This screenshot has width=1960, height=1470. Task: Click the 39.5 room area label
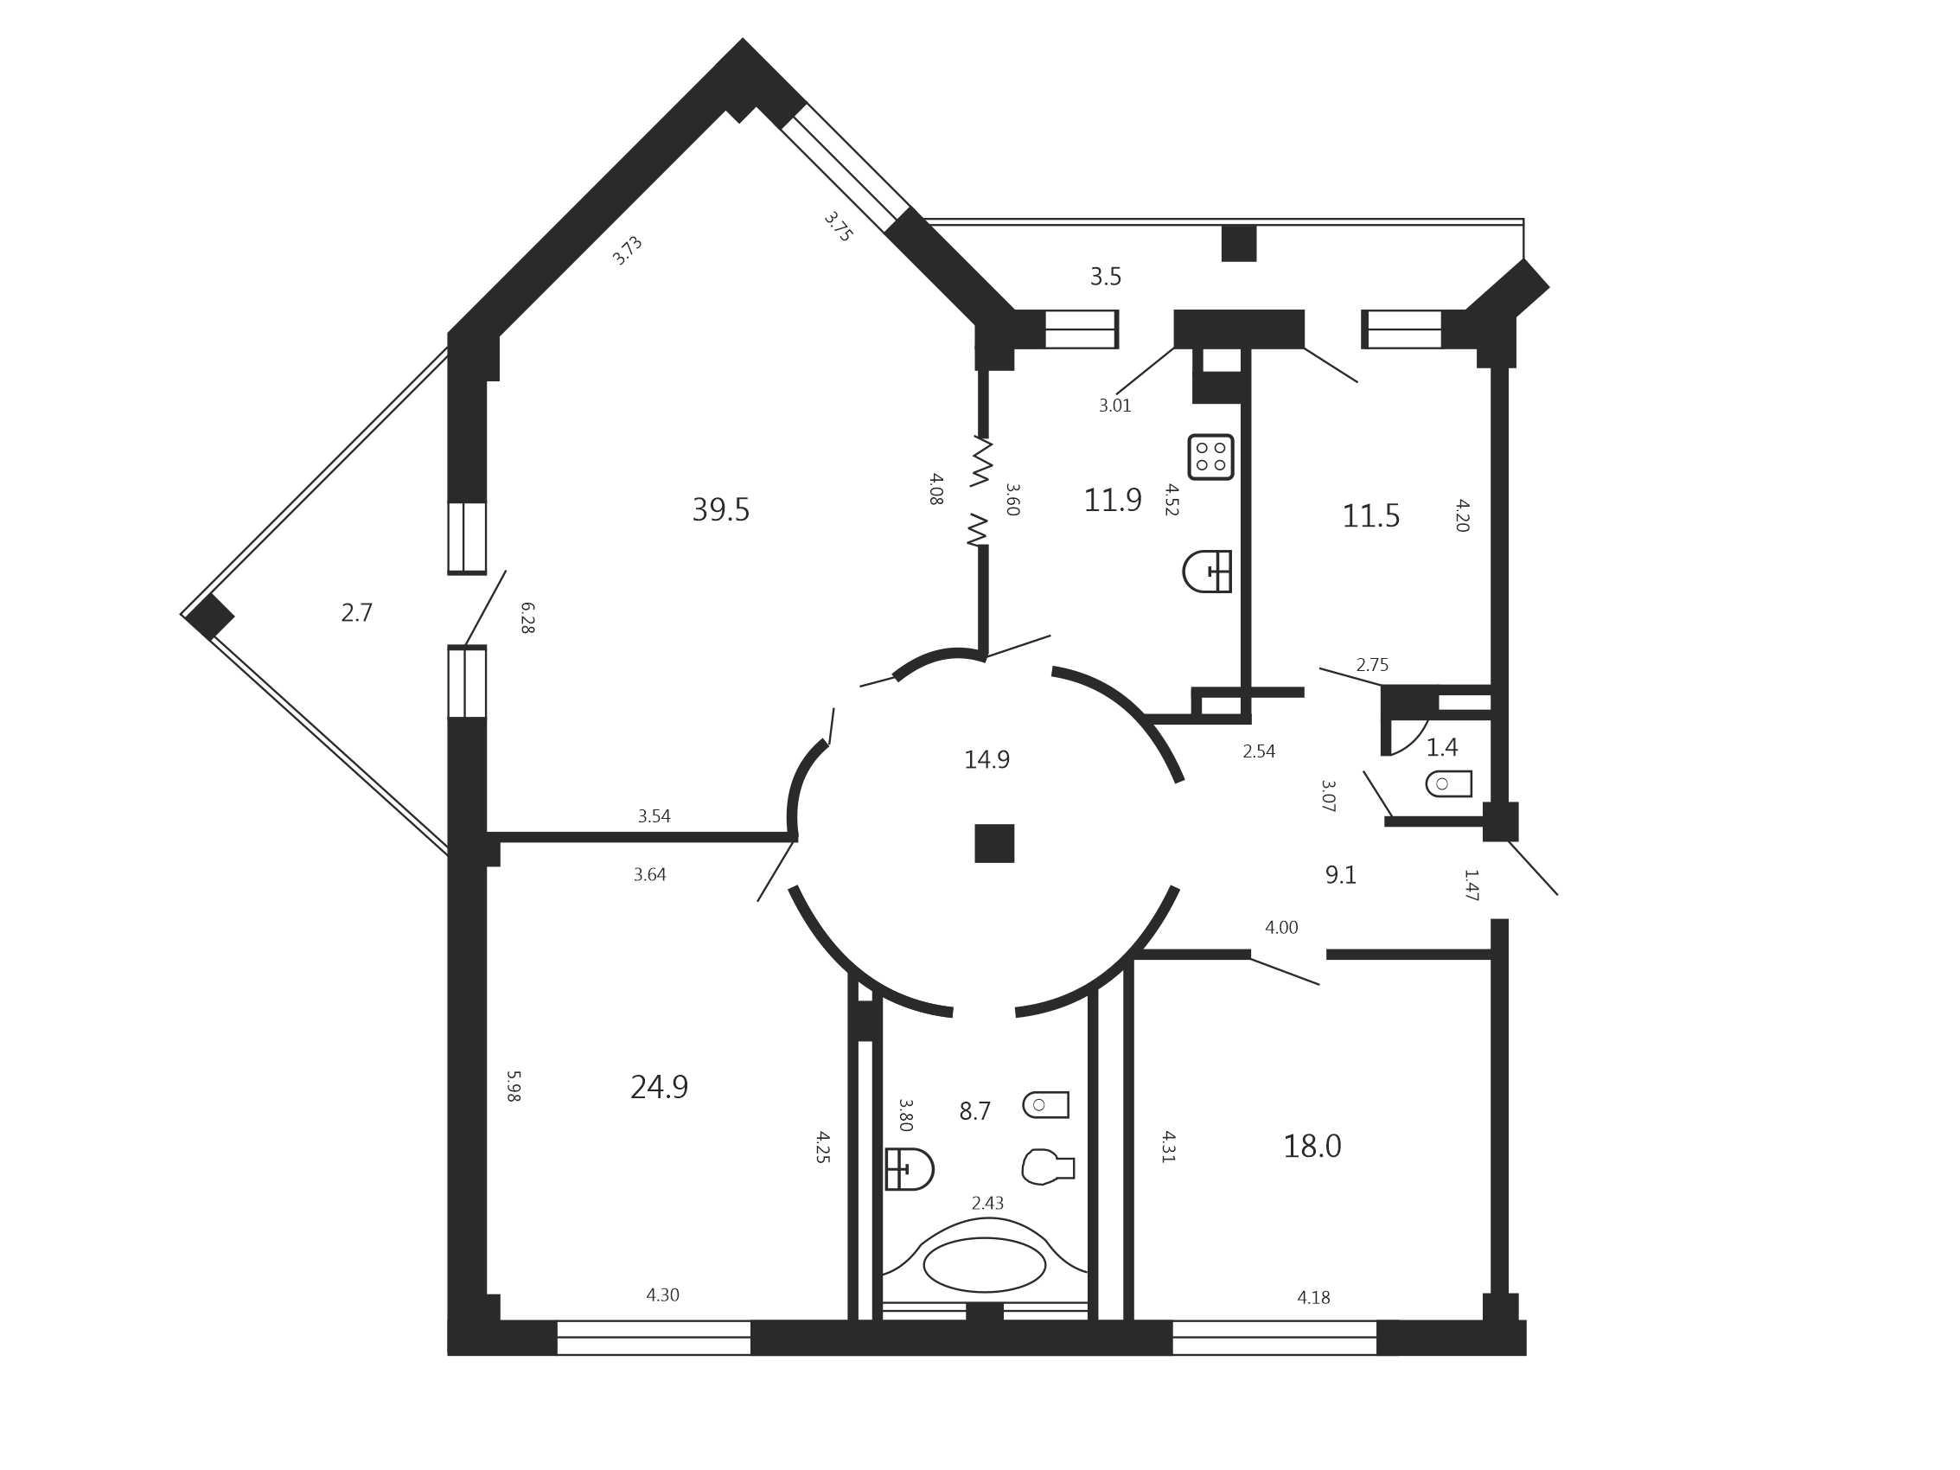point(720,510)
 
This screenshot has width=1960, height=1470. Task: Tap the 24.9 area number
point(659,1087)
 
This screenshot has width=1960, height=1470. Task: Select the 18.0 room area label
point(1312,1147)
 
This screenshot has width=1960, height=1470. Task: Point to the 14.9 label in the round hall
point(987,759)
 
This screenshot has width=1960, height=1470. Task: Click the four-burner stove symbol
point(1210,457)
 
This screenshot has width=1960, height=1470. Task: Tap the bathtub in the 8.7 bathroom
point(985,1264)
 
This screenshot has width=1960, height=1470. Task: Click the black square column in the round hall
point(994,844)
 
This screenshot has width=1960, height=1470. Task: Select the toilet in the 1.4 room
point(1449,783)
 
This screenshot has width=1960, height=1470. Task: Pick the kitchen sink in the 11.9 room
point(1207,572)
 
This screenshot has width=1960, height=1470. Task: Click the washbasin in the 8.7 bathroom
point(910,1169)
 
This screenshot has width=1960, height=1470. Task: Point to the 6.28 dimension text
point(527,617)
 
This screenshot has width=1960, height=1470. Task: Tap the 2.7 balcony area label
point(357,612)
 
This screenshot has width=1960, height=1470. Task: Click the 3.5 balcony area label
point(1106,277)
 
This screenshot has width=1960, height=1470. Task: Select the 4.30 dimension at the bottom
point(663,1294)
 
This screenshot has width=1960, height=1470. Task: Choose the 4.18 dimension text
point(1314,1297)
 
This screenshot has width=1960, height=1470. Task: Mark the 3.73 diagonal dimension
point(627,250)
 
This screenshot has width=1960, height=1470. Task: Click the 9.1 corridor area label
point(1341,874)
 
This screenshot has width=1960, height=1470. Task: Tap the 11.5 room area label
point(1370,515)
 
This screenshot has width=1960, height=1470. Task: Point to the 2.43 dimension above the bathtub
point(988,1203)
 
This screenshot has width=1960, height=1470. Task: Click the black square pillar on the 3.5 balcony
point(1239,243)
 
